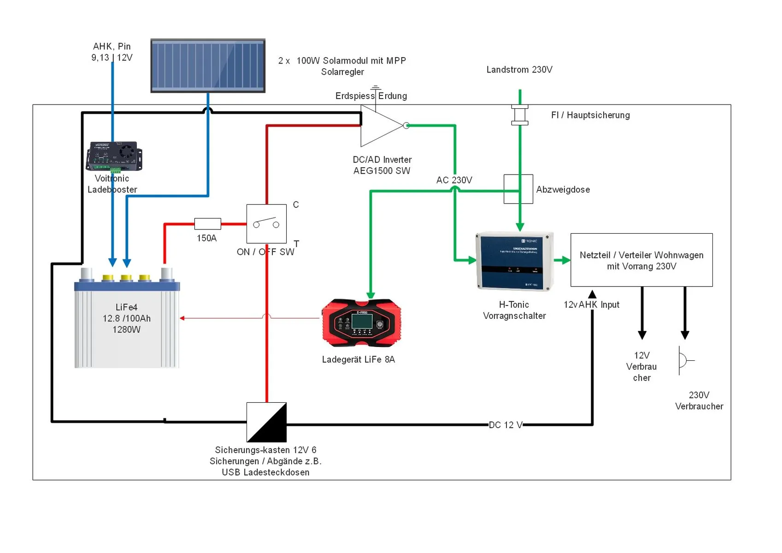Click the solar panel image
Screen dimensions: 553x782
208,66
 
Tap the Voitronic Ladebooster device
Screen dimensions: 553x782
114,156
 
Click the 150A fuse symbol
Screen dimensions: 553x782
207,224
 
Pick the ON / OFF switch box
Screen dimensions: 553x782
266,224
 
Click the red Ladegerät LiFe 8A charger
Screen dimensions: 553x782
361,323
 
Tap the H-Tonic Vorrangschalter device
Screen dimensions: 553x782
514,261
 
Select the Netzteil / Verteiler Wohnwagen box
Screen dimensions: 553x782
641,260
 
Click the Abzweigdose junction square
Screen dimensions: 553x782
518,189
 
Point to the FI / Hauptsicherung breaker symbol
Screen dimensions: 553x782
520,115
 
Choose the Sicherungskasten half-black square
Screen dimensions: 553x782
266,422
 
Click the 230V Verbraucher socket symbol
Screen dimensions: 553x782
684,360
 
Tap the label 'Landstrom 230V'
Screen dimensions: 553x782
519,70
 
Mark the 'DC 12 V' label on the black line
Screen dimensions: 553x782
506,425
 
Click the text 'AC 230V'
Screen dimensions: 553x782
454,180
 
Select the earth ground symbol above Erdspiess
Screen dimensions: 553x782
376,88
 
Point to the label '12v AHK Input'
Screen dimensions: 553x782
592,305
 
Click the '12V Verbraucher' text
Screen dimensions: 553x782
641,366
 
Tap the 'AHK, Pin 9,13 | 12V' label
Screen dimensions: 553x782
112,52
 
